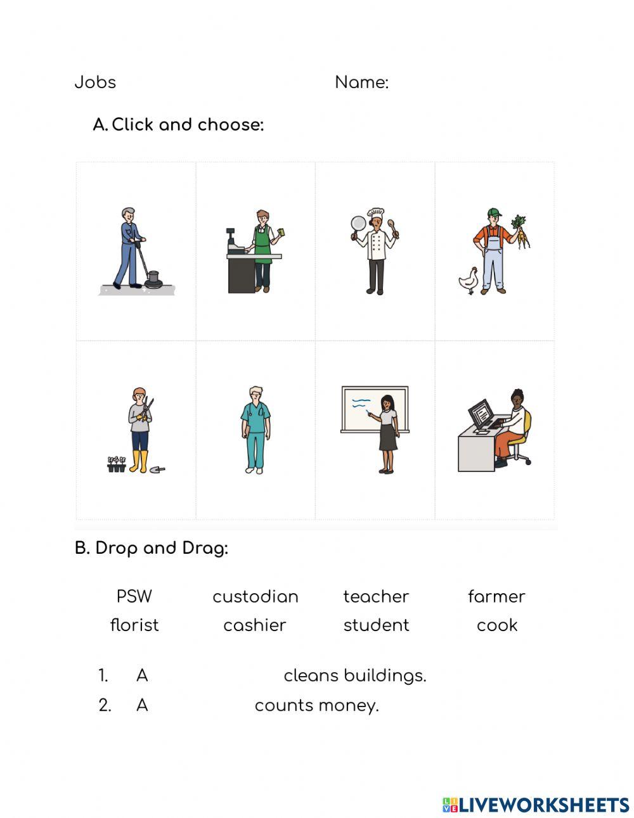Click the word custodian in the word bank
[x=255, y=596]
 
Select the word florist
[x=134, y=625]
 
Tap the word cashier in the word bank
[x=255, y=625]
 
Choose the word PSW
[x=134, y=596]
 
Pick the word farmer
[x=496, y=596]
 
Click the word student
[x=376, y=625]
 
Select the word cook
[x=497, y=625]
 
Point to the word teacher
[x=376, y=596]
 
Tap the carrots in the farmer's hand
[x=521, y=232]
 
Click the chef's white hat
[x=377, y=214]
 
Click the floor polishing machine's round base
[x=153, y=279]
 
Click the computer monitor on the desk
[x=481, y=414]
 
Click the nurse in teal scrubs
[x=256, y=430]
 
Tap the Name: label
[x=361, y=82]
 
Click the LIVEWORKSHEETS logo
[x=536, y=805]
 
